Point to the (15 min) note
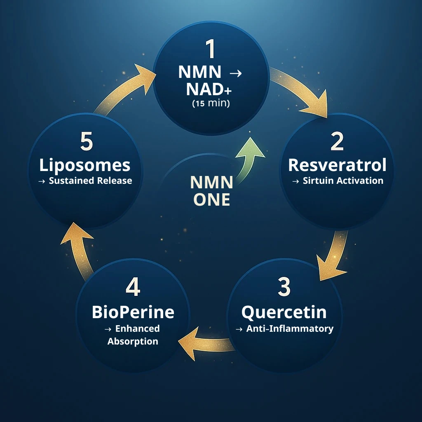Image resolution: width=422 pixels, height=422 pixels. click(211, 104)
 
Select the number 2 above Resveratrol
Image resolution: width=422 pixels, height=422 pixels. click(337, 141)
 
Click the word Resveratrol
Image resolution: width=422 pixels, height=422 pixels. click(337, 165)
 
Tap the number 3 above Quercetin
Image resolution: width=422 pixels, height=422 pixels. click(284, 287)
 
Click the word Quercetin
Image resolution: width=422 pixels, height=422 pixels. click(284, 312)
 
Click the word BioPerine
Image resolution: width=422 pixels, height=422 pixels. click(133, 312)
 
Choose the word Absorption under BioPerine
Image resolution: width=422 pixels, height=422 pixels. click(133, 342)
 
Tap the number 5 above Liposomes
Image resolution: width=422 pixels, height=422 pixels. click(86, 141)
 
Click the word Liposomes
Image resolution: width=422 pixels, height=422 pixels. click(85, 165)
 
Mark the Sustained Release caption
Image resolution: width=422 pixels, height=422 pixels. click(85, 181)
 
